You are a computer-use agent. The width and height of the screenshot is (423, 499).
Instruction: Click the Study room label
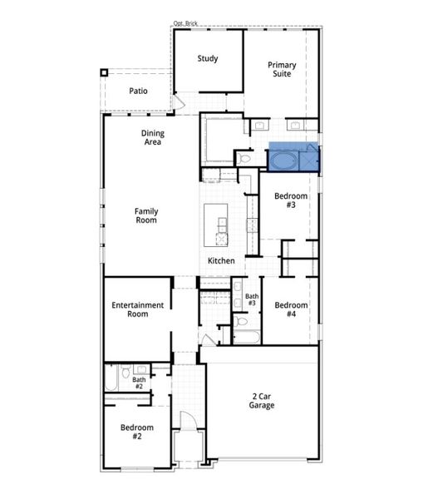(207, 58)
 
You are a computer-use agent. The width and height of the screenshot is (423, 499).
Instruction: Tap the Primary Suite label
(281, 69)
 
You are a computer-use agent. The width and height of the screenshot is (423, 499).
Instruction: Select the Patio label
(139, 91)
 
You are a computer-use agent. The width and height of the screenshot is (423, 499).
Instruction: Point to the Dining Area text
(152, 137)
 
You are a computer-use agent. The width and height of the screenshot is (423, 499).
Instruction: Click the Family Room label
(146, 215)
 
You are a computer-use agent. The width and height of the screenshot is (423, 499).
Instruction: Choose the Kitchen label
(221, 261)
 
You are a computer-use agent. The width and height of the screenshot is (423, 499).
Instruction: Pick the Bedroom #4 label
(291, 310)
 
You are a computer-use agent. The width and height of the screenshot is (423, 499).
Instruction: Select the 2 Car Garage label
(261, 401)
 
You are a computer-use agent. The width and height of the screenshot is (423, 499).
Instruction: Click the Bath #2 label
(139, 383)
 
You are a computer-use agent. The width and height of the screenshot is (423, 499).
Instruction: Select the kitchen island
(220, 225)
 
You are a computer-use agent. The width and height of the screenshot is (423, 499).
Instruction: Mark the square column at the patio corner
(104, 72)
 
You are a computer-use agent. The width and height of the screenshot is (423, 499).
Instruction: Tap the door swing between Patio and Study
(178, 101)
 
